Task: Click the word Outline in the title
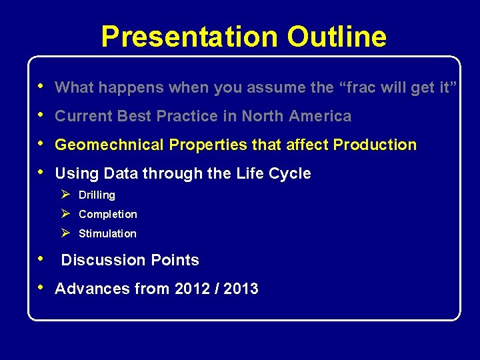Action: pos(337,37)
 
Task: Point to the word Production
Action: pos(375,145)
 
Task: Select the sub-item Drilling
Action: pos(97,195)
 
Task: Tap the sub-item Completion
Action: pos(107,215)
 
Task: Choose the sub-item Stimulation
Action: pos(107,234)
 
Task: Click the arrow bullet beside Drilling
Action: pos(65,195)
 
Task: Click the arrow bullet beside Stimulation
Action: pos(65,233)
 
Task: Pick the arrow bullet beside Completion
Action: pos(65,214)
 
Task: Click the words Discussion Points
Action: pos(130,260)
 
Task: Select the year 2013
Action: pos(240,289)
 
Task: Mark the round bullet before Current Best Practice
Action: pos(41,115)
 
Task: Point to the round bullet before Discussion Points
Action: pos(41,258)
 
